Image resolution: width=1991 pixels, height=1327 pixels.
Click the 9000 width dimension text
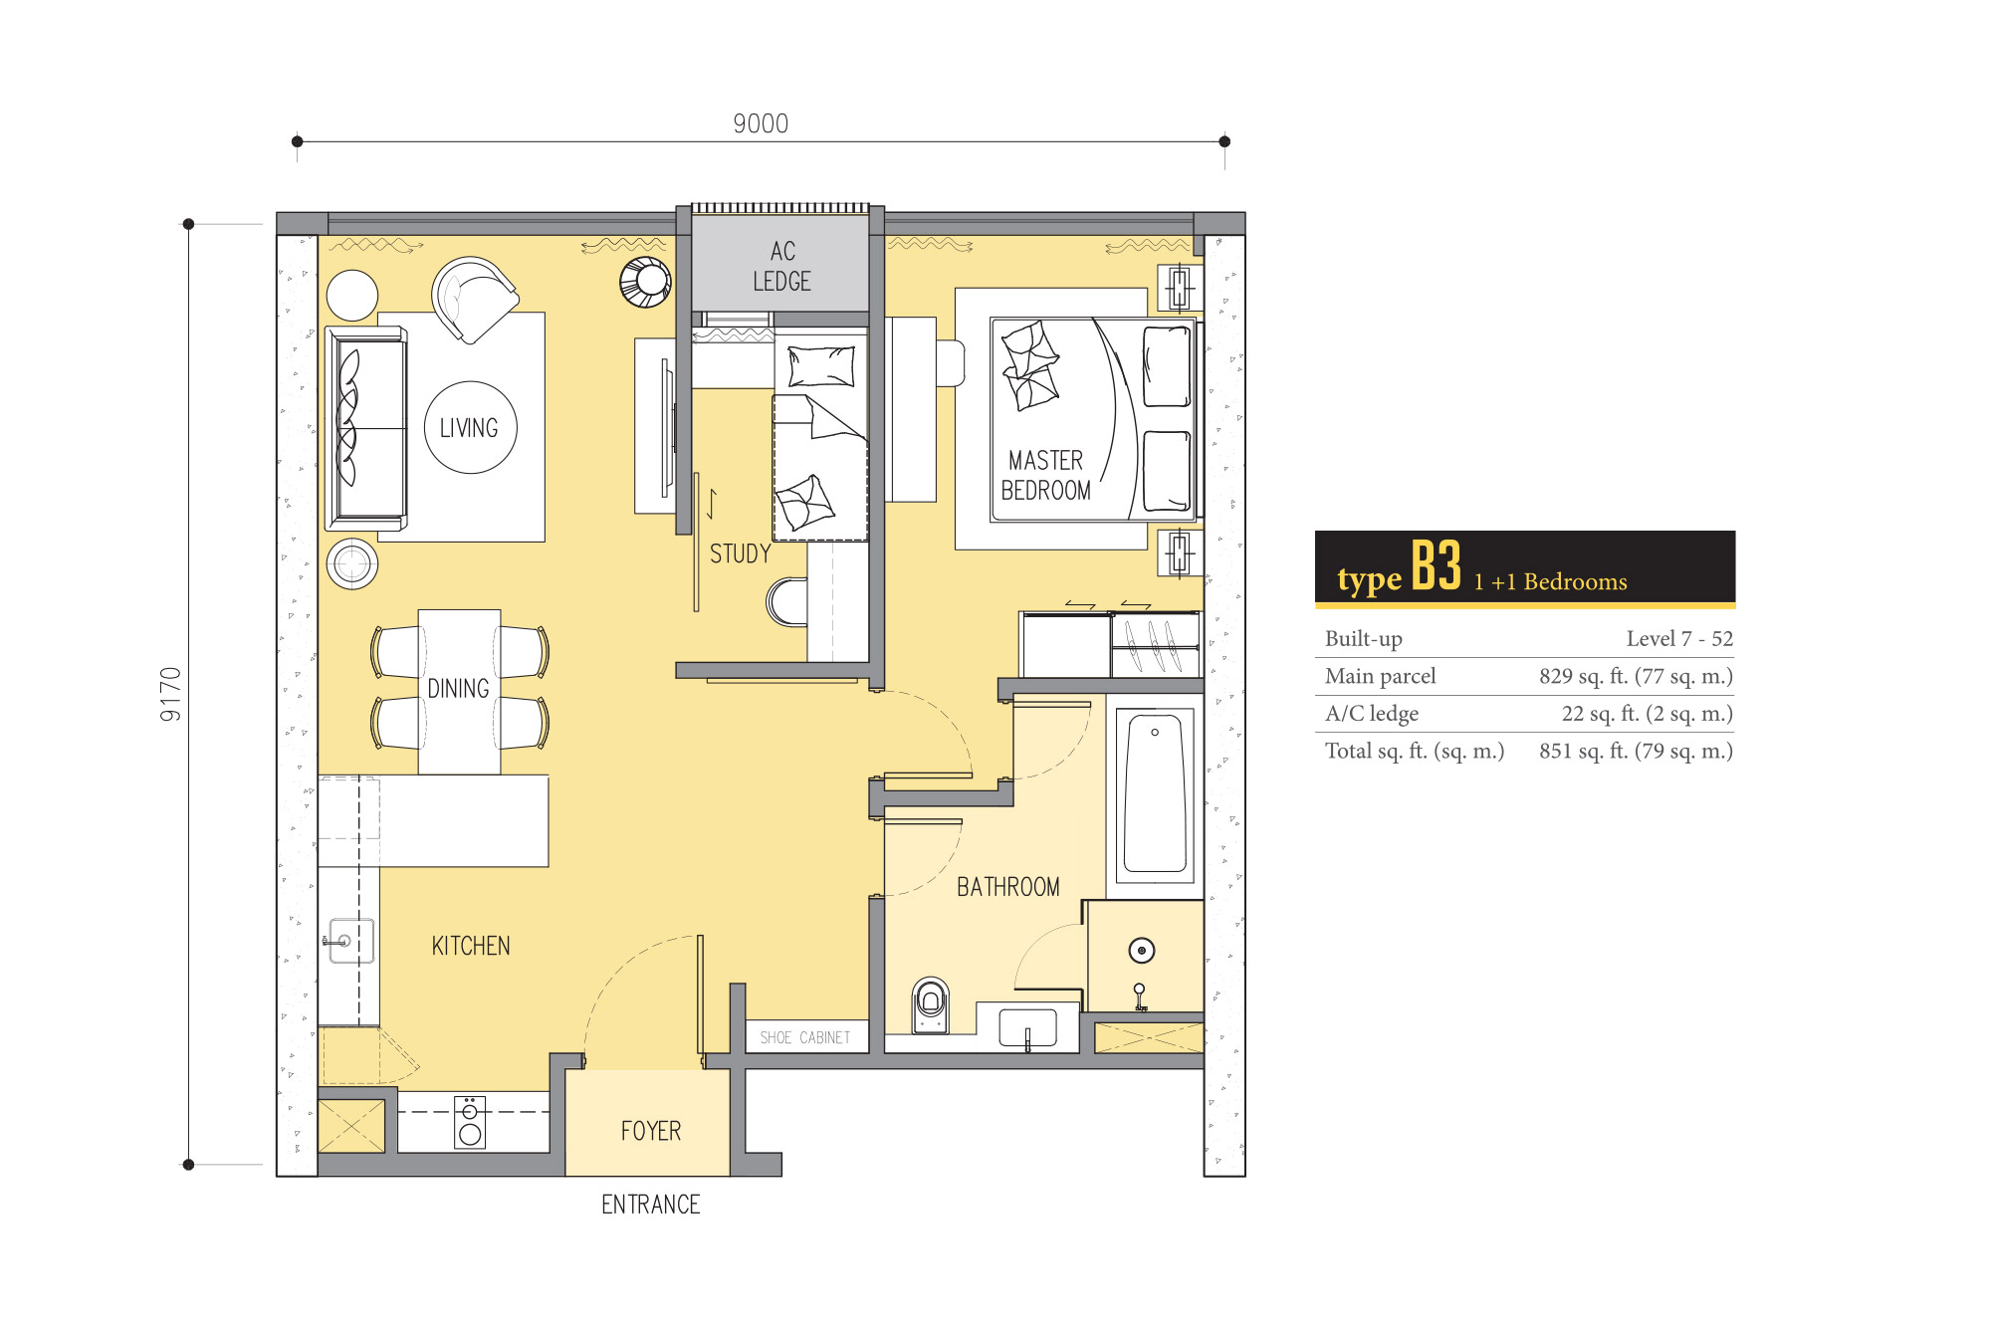coord(761,123)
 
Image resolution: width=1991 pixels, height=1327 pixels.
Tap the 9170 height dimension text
coord(171,694)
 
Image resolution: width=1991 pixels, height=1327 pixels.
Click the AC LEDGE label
coord(782,266)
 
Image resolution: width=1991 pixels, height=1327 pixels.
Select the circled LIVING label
coord(469,428)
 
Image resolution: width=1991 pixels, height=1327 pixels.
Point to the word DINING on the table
coord(458,689)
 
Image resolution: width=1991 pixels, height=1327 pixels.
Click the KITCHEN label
coord(471,946)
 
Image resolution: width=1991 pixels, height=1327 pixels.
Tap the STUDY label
coord(741,553)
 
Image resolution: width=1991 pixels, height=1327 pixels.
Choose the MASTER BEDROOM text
coord(1045,475)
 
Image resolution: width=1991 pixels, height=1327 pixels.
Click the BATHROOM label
coord(1008,887)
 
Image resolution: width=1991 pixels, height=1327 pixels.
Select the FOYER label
coord(651,1131)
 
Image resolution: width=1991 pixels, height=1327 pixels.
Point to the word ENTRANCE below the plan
coord(651,1205)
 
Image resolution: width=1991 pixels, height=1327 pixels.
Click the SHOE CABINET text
coord(805,1037)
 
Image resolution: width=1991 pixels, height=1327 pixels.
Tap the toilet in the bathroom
coord(931,1004)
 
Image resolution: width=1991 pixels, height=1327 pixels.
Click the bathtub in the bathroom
coord(1155,795)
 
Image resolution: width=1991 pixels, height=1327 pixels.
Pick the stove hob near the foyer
coord(470,1122)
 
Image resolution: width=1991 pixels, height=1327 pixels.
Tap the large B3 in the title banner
coord(1437,566)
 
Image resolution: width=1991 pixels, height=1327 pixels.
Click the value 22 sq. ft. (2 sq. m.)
coord(1647,714)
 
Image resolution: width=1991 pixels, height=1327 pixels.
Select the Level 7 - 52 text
coord(1679,638)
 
